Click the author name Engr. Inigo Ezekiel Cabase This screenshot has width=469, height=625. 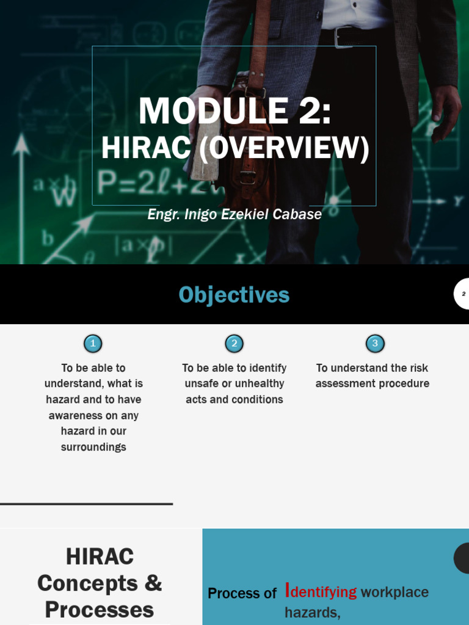234,214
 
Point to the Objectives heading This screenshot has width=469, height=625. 234,295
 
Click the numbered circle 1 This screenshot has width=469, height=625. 93,344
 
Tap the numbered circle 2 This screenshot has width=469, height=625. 234,344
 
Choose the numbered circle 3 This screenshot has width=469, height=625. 375,344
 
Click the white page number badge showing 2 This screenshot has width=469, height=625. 463,294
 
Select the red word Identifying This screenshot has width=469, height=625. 321,591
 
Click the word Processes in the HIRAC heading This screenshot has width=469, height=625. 100,609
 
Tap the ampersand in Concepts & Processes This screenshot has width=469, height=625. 153,583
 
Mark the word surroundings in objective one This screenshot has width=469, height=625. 93,447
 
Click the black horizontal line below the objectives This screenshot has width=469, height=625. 86,504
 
